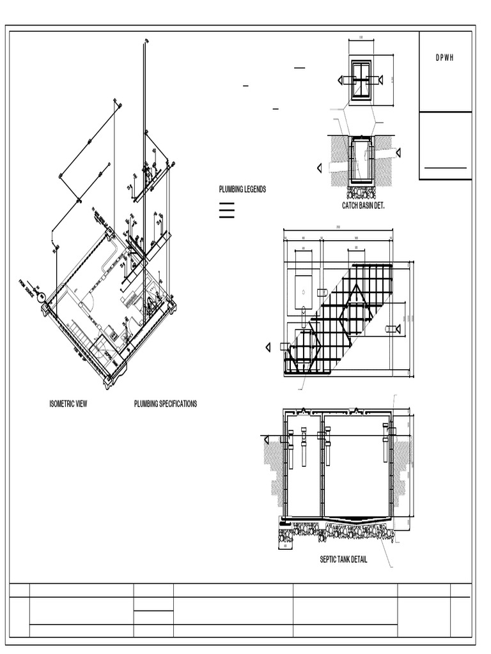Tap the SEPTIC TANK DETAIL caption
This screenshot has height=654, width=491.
(343, 560)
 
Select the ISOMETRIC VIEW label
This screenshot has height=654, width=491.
(68, 404)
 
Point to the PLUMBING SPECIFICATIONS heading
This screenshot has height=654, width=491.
(165, 404)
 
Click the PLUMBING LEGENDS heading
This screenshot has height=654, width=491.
(242, 190)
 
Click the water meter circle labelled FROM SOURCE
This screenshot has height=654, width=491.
(42, 296)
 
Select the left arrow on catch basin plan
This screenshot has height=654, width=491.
(341, 80)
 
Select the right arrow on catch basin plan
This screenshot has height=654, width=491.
(380, 80)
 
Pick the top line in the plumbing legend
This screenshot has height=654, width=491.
(226, 203)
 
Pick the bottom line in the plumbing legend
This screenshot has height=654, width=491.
(226, 218)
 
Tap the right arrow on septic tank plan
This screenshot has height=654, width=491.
(398, 329)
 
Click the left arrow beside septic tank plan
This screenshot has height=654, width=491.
(268, 347)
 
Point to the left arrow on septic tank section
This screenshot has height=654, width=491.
(263, 438)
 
